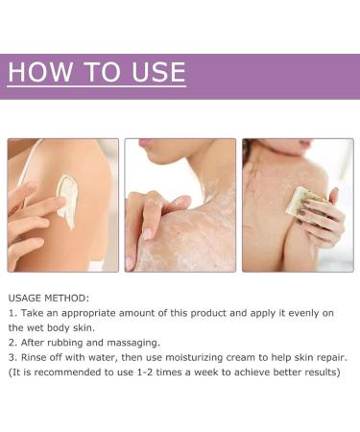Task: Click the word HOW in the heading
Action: (x=40, y=72)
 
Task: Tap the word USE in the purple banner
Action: (x=158, y=72)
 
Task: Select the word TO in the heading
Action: (x=103, y=72)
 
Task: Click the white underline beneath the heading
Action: (x=96, y=86)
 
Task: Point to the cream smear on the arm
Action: (x=68, y=201)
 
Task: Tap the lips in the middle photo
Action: (x=146, y=143)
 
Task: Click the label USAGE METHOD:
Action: (x=49, y=299)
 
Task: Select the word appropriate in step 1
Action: (x=88, y=313)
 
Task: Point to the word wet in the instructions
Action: (x=35, y=328)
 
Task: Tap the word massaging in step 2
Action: (x=132, y=343)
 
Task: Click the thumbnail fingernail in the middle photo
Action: (x=147, y=234)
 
